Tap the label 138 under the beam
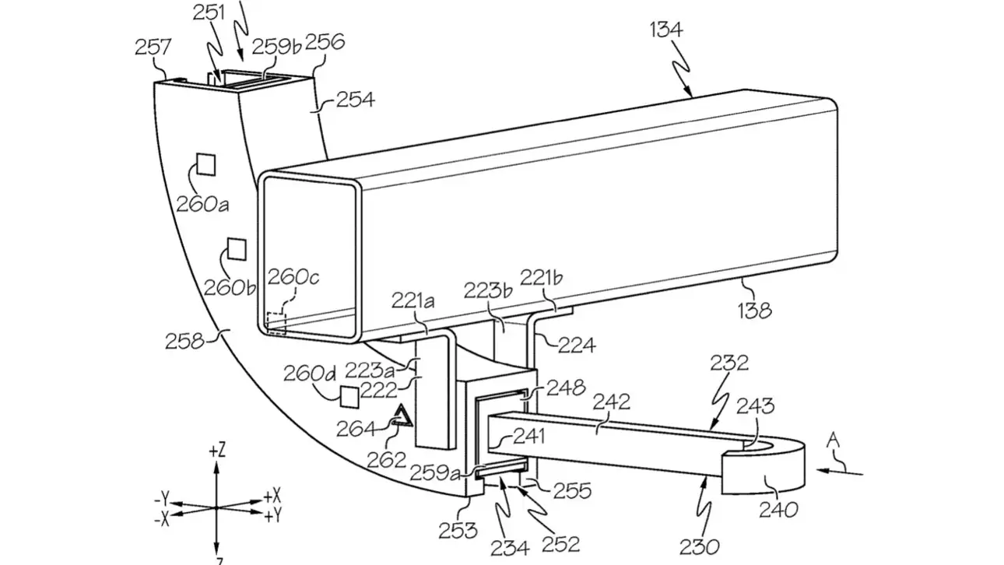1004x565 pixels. point(754,311)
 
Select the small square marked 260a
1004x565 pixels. point(205,163)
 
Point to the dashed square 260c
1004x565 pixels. point(276,322)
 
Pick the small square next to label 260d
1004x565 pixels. point(349,396)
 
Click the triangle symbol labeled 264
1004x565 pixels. point(403,419)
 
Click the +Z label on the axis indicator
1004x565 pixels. point(217,450)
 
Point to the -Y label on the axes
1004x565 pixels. point(163,496)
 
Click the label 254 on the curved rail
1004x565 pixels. point(355,100)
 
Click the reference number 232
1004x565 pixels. point(729,363)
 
